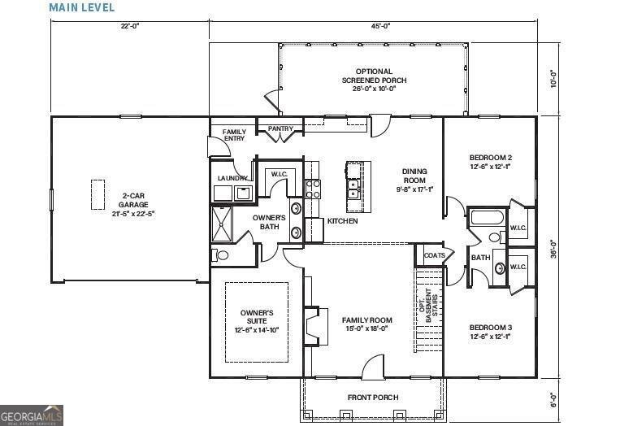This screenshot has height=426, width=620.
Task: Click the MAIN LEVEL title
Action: [82, 7]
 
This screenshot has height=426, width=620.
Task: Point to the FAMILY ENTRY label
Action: [234, 135]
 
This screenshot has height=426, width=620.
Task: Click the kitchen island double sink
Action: [353, 190]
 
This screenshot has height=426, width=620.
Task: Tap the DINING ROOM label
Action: [414, 180]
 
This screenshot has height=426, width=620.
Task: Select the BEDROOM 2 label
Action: [490, 161]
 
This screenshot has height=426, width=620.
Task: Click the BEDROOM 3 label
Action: [490, 332]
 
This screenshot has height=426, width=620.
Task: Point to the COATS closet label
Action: [434, 255]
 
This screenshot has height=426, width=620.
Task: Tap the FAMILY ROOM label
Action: [366, 324]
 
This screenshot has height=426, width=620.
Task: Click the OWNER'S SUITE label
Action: [257, 321]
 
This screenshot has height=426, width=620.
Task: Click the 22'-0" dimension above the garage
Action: [129, 26]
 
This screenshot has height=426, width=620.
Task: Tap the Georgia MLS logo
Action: [32, 415]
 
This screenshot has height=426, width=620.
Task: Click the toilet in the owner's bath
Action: [222, 254]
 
